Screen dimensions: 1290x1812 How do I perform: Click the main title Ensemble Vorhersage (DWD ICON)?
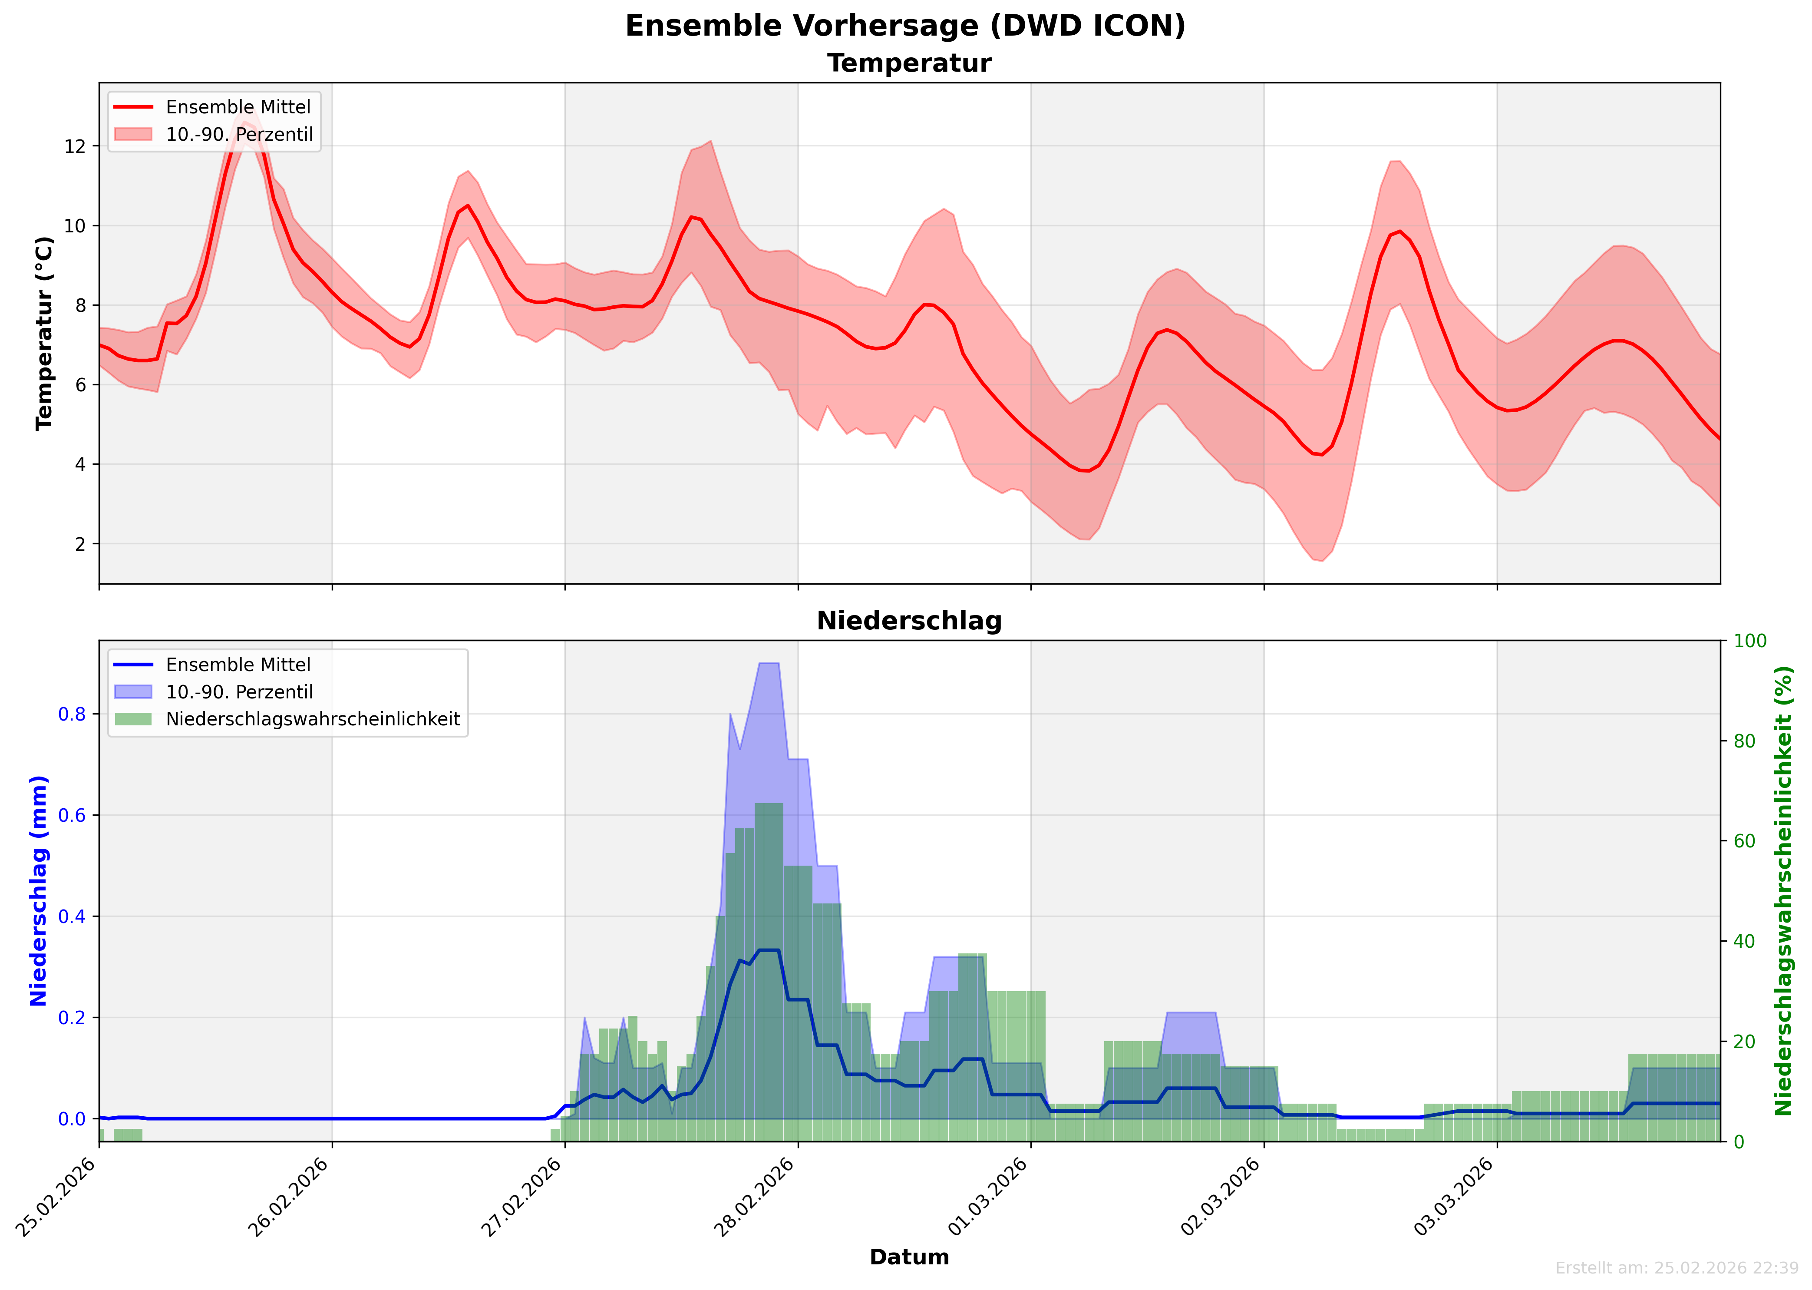[x=905, y=26]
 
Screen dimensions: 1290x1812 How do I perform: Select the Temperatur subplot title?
[x=909, y=63]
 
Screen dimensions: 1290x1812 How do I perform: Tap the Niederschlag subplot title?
[x=909, y=621]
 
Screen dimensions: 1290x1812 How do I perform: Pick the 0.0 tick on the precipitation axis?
[x=72, y=1119]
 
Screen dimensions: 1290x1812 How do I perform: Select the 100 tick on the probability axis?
[x=1749, y=641]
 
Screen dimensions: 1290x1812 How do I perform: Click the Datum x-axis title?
[x=909, y=1257]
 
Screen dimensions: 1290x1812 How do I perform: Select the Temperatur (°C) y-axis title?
[x=44, y=334]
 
